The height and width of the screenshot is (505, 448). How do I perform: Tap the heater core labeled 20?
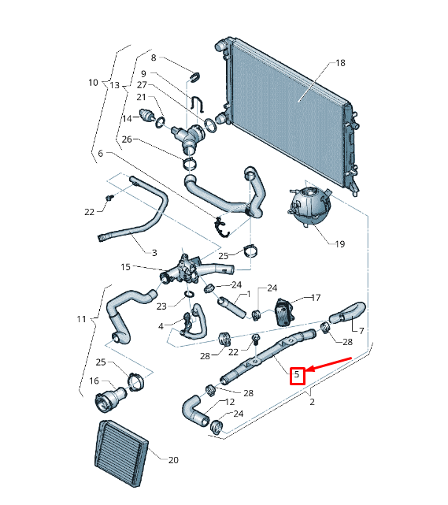coord(121,454)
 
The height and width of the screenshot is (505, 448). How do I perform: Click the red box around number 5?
coord(297,375)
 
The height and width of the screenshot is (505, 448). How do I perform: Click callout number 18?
coord(340,63)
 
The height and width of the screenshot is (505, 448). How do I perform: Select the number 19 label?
coord(339,244)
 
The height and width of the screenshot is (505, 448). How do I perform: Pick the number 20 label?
coord(174,459)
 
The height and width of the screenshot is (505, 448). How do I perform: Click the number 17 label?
coord(316,298)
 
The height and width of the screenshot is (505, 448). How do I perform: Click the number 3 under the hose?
coord(154,253)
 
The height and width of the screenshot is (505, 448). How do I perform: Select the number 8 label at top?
coord(154,58)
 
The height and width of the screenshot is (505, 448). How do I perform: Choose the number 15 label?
coord(125,267)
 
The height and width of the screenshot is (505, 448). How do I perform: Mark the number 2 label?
coord(312,403)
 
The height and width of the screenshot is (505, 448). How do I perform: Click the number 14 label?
coord(126,118)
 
